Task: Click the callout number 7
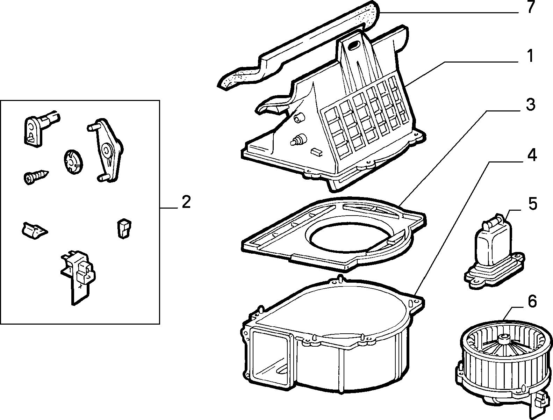(531, 7)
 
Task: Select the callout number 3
(531, 105)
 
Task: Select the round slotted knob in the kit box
(73, 161)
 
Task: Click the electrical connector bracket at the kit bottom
(78, 276)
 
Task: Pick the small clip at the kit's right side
(124, 229)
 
